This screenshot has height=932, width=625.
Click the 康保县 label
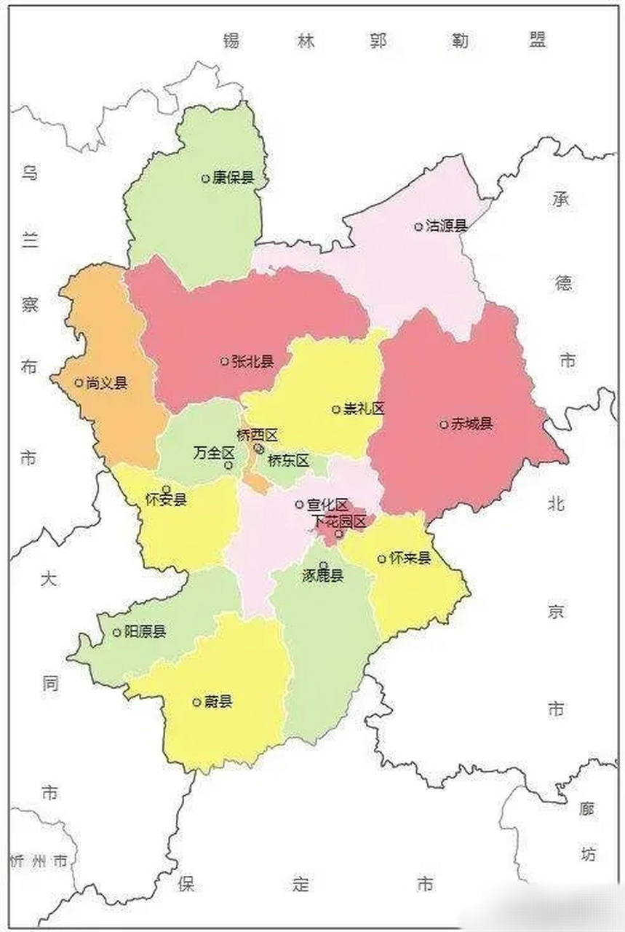[233, 178]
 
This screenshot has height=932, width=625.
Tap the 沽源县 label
[446, 226]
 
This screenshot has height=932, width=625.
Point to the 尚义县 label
[106, 383]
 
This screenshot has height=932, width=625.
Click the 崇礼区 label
[364, 409]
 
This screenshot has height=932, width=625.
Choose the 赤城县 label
[471, 424]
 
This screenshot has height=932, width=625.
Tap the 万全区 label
[215, 452]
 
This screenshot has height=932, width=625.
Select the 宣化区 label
[327, 505]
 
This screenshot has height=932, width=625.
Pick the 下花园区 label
[339, 521]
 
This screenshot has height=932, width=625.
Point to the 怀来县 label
[410, 558]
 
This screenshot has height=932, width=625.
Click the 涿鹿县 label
[322, 576]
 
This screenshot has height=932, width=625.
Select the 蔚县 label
[218, 703]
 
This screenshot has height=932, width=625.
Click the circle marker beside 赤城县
[444, 424]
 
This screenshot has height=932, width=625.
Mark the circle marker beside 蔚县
[196, 703]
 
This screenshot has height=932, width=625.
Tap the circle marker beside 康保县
[206, 178]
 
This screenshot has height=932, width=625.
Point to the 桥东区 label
[289, 460]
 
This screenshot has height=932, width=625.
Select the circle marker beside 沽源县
[418, 226]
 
